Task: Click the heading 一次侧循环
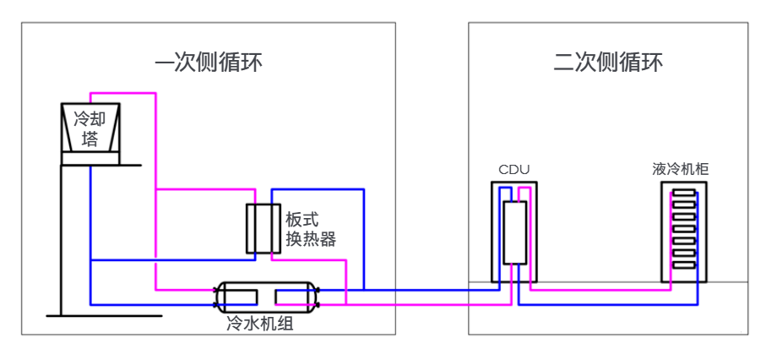tap(209, 63)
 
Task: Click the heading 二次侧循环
tap(608, 63)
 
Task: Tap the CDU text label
tap(513, 169)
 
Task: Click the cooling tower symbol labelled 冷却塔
tap(90, 128)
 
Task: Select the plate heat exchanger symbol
tap(263, 229)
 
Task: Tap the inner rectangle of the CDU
tap(514, 232)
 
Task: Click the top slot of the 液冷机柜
tap(683, 193)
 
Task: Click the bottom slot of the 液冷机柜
tap(683, 265)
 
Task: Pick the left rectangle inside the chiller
tap(242, 297)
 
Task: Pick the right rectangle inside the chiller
tap(292, 297)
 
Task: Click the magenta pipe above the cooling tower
tap(122, 92)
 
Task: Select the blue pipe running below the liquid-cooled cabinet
tap(608, 304)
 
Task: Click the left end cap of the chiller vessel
tap(219, 297)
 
